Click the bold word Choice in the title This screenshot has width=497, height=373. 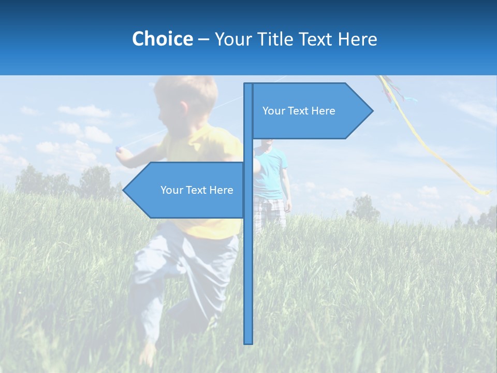point(162,39)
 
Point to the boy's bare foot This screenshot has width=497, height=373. point(149,355)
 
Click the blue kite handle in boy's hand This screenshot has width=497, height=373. point(119,150)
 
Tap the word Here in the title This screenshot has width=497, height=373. point(358,39)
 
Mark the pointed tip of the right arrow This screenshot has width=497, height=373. point(372,110)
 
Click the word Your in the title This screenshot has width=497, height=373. point(232,39)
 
